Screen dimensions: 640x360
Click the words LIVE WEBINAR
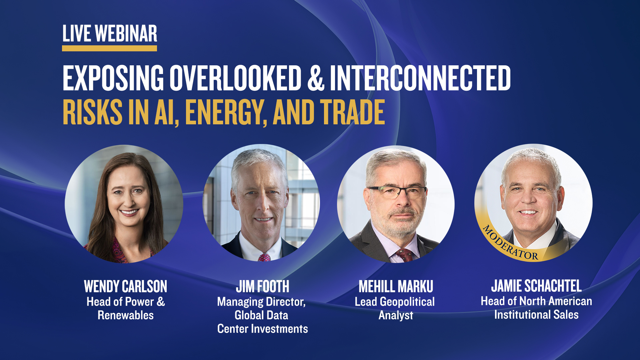pos(110,34)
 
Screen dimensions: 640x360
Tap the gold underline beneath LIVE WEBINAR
pos(109,48)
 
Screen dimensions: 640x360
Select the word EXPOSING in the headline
pos(113,78)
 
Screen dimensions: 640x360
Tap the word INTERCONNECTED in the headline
pos(420,78)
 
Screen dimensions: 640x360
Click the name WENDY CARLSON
pos(126,287)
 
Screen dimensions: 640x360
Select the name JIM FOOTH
pos(263,287)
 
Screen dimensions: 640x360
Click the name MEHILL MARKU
pos(396,287)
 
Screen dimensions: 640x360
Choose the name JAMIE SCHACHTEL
pos(536,286)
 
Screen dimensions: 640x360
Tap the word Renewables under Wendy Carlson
pos(126,315)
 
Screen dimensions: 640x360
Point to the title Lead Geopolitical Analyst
pos(395,309)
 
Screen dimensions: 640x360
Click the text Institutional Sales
pos(536,315)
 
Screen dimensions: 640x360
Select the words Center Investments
pos(263,329)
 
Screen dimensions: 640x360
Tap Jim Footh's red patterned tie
pos(264,257)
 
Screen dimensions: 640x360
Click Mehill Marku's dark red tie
pos(404,255)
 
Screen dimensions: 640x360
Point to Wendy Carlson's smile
pos(129,212)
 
